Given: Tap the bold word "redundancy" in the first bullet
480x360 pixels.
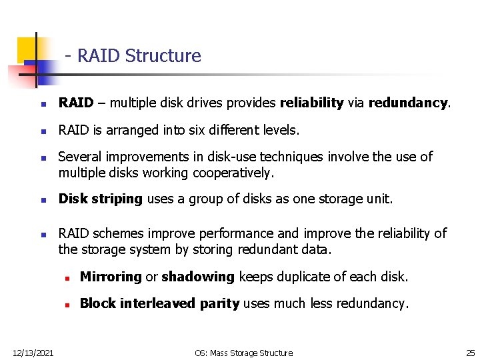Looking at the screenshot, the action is (x=409, y=103).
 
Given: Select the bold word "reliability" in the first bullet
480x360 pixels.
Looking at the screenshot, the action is (x=311, y=103).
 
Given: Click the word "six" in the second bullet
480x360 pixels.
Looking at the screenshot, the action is (x=196, y=130).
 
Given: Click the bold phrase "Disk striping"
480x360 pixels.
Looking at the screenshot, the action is (x=101, y=199).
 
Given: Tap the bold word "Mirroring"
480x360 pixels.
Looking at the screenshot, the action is (x=110, y=277).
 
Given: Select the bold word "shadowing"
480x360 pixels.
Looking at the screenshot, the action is (x=198, y=277).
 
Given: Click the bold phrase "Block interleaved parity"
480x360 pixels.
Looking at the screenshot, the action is (x=159, y=303).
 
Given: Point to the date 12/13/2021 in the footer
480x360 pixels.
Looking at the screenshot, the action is (x=33, y=352).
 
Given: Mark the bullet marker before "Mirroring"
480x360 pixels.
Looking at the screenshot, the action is (x=67, y=278).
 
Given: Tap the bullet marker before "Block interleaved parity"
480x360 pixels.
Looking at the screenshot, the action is (x=67, y=305).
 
